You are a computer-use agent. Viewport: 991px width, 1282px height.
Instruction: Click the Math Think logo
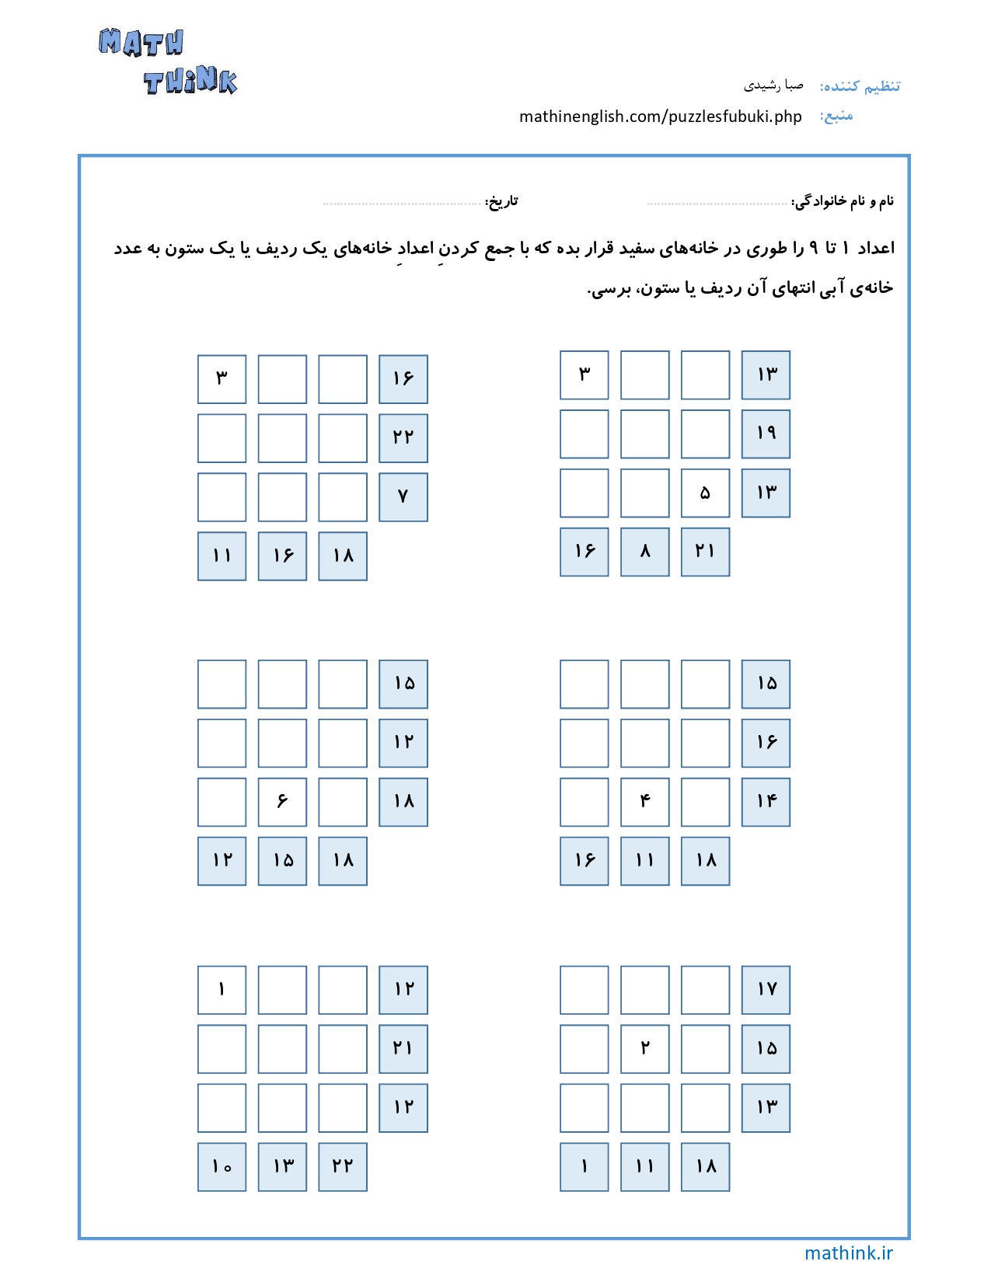tap(168, 62)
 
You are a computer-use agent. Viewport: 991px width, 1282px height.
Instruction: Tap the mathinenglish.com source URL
tap(660, 117)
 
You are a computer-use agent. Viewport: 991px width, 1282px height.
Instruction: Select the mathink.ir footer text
tap(848, 1252)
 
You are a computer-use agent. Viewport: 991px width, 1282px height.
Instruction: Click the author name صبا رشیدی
tap(773, 85)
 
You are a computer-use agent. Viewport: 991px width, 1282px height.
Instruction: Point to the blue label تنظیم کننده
tap(860, 85)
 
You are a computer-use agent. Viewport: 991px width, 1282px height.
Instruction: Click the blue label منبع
tap(836, 116)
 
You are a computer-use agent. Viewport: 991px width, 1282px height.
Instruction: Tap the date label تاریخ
tap(501, 202)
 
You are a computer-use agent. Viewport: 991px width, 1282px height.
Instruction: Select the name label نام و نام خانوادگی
tap(843, 202)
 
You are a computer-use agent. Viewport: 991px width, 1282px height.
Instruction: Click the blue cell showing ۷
tap(403, 497)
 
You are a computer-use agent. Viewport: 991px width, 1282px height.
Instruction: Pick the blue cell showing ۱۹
tap(766, 434)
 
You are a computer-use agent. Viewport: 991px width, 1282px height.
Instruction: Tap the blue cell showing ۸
tap(644, 552)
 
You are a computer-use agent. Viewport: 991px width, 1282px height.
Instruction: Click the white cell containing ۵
tap(705, 493)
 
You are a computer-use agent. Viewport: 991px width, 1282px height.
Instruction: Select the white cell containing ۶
tap(282, 802)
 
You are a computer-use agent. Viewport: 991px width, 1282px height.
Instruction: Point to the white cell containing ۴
tap(644, 802)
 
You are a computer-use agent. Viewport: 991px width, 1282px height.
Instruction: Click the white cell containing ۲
tap(644, 1048)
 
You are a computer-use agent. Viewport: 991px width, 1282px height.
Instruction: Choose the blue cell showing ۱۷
tap(766, 990)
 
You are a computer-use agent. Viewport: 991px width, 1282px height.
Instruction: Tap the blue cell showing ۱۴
tap(766, 802)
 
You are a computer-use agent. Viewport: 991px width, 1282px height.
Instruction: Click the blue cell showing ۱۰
tap(222, 1167)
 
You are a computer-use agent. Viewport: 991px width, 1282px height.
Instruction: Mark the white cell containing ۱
tap(222, 990)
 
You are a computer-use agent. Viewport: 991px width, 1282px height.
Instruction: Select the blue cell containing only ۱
tap(584, 1167)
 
